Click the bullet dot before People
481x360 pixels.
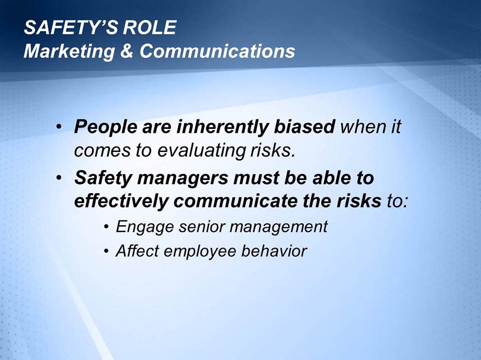coord(60,128)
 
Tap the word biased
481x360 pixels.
coord(304,127)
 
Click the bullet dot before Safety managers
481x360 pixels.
coord(60,179)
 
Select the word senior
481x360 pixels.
coord(194,227)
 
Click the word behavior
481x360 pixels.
coord(274,251)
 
